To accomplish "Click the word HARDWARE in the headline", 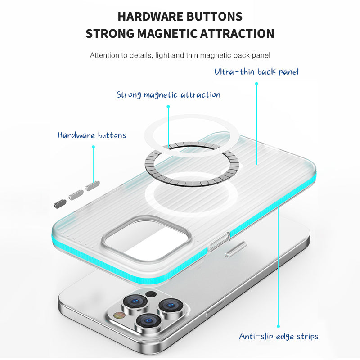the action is [x=150, y=17].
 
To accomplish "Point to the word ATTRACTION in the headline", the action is [x=237, y=33].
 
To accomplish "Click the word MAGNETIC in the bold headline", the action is [x=167, y=33].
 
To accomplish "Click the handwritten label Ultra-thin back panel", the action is [x=256, y=72].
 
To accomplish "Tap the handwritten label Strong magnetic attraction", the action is [x=168, y=94].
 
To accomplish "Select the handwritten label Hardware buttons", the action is [x=92, y=135].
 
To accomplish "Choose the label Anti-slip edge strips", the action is [x=279, y=336].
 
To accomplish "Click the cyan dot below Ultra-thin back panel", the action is [x=256, y=84].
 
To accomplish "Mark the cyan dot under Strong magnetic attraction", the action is [x=168, y=107].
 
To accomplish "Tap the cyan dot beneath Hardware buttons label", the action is [x=93, y=147].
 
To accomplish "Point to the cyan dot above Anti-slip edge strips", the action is [x=278, y=326].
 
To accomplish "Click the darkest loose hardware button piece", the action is [x=60, y=204].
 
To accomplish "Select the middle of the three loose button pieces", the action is [x=76, y=195].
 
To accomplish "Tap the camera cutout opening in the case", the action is [x=147, y=238].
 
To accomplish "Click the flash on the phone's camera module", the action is [x=120, y=315].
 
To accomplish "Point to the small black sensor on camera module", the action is [x=151, y=294].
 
